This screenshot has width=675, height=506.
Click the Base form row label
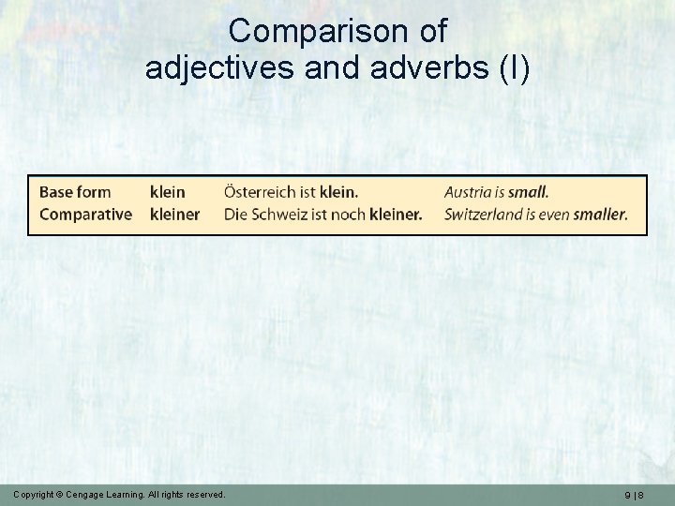click(x=75, y=192)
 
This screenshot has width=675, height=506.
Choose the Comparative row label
click(x=85, y=214)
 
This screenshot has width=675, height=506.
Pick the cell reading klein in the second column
click(x=168, y=192)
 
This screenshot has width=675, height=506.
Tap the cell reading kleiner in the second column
click(x=174, y=214)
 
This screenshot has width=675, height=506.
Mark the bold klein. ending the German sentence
click(x=338, y=192)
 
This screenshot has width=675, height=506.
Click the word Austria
click(x=468, y=192)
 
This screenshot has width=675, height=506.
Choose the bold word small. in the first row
click(x=529, y=192)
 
